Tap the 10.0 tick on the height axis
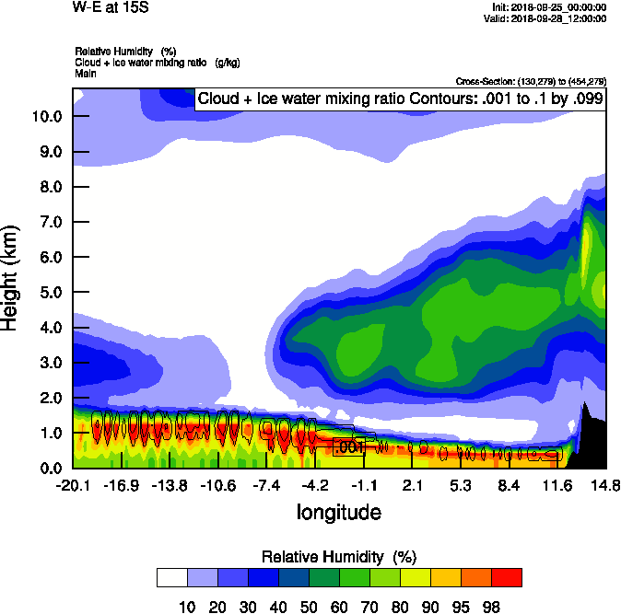(45, 116)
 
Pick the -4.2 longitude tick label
(315, 485)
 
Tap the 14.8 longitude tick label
(605, 485)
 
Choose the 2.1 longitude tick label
(412, 485)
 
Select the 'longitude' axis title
(338, 512)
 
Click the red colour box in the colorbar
(506, 577)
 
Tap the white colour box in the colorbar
(172, 577)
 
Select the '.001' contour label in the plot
(349, 447)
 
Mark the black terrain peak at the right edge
(583, 406)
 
